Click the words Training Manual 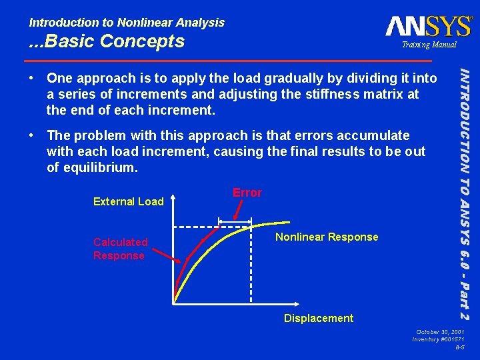(x=428, y=45)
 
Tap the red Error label (x=247, y=193)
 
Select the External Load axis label (x=128, y=201)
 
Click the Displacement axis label (x=319, y=318)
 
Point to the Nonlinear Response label (x=327, y=237)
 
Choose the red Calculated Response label (x=120, y=249)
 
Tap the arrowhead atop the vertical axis (x=173, y=198)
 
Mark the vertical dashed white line (x=251, y=267)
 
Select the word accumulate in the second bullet (x=366, y=135)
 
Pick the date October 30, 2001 (x=440, y=331)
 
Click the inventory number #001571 (x=439, y=339)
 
